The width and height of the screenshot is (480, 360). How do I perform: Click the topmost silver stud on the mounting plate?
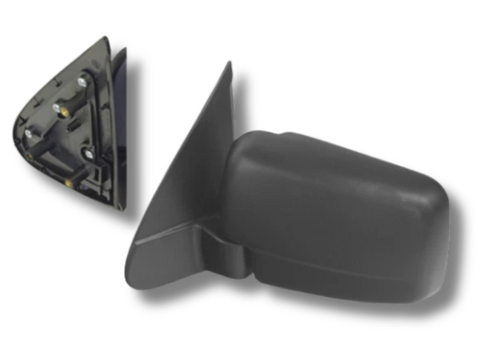(80, 80)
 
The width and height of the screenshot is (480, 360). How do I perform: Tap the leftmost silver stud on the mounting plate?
(28, 133)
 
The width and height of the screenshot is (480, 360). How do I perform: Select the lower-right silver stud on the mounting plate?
(89, 153)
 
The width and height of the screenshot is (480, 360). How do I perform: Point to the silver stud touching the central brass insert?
(56, 107)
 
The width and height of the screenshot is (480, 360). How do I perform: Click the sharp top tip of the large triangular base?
(228, 64)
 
